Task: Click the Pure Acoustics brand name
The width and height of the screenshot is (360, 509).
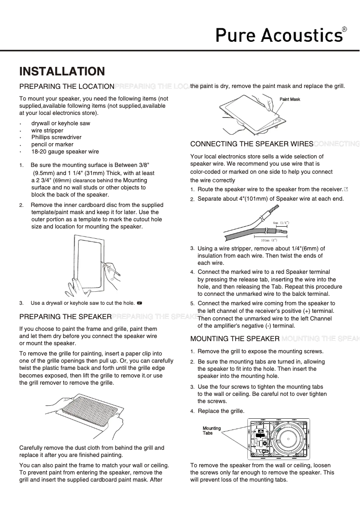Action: click(278, 35)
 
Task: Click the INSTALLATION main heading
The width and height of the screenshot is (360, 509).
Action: click(62, 72)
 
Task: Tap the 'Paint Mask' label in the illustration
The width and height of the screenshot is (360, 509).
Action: click(290, 99)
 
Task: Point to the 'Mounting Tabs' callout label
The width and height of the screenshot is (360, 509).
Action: click(211, 431)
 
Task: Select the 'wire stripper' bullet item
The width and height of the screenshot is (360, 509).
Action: click(47, 131)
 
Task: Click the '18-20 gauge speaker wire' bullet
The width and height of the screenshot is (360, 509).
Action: click(65, 152)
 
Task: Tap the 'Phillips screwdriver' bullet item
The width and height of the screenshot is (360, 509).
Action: click(56, 137)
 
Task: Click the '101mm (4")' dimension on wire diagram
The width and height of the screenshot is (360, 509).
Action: click(269, 241)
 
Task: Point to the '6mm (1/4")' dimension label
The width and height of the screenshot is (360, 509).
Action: click(281, 223)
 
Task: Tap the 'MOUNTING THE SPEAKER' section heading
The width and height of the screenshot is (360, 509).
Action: click(235, 338)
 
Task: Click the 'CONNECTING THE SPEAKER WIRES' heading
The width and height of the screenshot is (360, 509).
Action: click(251, 144)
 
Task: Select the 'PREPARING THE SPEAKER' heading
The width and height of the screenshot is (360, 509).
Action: click(65, 317)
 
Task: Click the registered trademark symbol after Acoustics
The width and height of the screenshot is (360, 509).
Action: click(344, 29)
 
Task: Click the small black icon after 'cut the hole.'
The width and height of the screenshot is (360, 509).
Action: click(140, 303)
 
